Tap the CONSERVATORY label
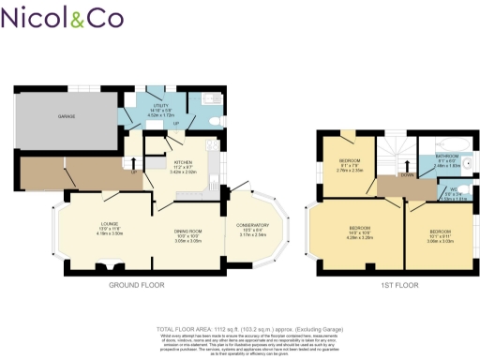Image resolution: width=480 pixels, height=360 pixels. coord(252,227)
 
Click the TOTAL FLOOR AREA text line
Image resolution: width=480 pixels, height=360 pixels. coord(241,330)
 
